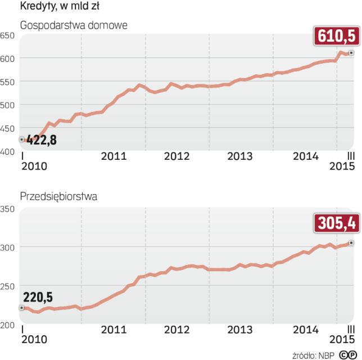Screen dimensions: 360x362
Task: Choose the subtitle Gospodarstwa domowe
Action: (74, 25)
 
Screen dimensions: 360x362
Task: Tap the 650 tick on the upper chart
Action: (7, 35)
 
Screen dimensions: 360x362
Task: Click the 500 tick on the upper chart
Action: (7, 105)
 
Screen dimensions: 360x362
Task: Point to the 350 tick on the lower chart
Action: (7, 209)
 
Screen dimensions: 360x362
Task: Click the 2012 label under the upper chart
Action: (176, 156)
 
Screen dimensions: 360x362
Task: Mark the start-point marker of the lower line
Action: (21, 308)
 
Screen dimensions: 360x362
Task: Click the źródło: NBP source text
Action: (313, 355)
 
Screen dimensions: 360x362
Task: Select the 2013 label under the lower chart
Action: (240, 329)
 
